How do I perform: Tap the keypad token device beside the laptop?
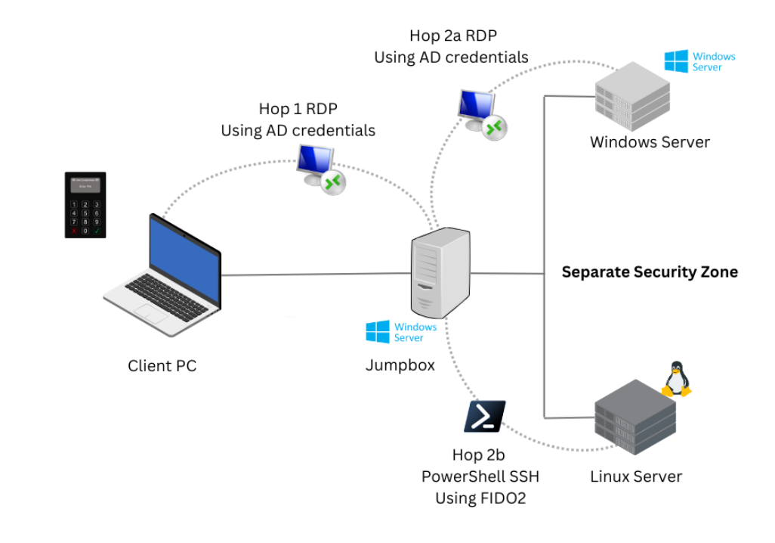coord(85,205)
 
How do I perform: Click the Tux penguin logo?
coord(675,379)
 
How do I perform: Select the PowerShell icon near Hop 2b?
coord(484,417)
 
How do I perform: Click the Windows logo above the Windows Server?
coord(676,61)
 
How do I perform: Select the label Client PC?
coord(162,366)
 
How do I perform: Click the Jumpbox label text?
coord(400,365)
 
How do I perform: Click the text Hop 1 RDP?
coord(298,110)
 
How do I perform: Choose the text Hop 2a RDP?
coord(452,36)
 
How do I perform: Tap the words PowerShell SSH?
coord(480,476)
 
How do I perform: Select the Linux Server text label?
coord(635,476)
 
